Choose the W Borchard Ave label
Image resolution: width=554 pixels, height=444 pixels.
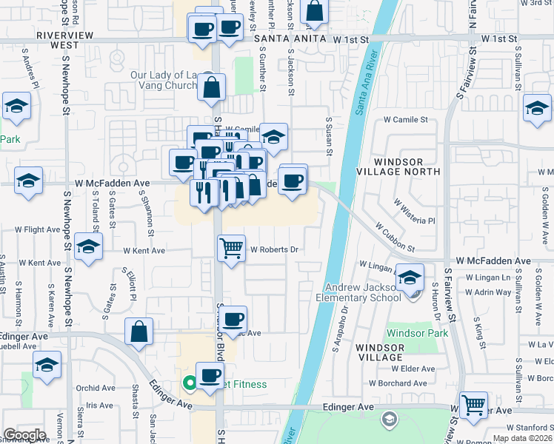[398, 383]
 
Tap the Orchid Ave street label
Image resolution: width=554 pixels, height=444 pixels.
[96, 388]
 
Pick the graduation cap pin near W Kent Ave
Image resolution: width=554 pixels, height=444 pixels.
[88, 246]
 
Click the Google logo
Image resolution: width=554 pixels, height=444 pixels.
[24, 435]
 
